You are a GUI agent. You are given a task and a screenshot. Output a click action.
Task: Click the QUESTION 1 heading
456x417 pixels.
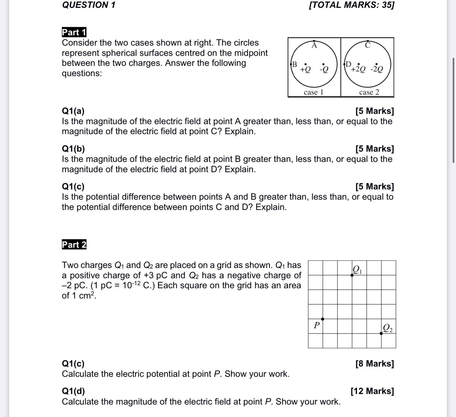point(88,5)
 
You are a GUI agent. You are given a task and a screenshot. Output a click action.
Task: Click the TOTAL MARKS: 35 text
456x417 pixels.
point(351,5)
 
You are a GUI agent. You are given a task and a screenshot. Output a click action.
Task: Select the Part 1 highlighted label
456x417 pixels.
point(74,32)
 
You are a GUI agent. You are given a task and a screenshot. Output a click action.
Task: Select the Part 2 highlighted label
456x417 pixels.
point(74,245)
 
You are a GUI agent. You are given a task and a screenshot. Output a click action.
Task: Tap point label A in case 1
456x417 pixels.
point(314,45)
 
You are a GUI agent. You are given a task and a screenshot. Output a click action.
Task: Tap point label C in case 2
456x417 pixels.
point(368,45)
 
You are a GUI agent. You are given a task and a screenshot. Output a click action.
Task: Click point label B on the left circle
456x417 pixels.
point(294,64)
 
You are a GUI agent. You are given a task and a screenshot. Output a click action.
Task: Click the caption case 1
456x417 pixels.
point(314,92)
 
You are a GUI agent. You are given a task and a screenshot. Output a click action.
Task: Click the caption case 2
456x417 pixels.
point(369,92)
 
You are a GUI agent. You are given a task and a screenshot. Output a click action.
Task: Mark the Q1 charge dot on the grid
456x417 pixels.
point(352,275)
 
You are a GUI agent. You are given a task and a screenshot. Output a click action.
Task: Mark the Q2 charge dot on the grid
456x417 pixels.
point(381,333)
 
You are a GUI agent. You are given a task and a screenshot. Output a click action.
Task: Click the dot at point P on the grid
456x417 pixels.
point(323,319)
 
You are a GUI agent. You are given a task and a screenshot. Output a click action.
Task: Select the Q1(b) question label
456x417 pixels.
point(73,149)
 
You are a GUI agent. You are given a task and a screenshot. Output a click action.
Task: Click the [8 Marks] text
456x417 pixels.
point(375,363)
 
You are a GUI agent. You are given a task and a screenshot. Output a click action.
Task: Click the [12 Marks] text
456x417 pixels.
point(372,391)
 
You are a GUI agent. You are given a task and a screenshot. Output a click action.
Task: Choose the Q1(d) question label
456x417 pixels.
point(73,391)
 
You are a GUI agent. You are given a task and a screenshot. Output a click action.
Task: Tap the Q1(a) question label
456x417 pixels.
point(73,111)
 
